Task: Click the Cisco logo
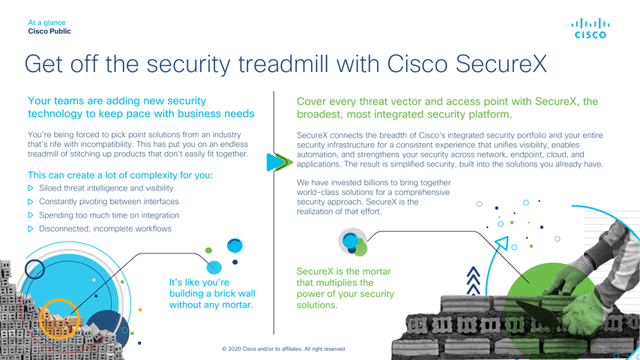coord(591,28)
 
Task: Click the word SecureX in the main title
coord(501,64)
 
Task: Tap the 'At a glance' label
coord(46,22)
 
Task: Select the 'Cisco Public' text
coord(49,31)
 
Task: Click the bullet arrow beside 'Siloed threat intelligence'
coord(30,188)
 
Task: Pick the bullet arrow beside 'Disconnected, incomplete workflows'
coord(30,229)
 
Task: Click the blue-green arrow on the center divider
coord(280,162)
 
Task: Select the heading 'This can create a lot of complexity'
coord(121,175)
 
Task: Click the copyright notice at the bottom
coord(284,349)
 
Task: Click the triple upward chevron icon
coord(473,280)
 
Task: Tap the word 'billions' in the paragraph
coord(375,183)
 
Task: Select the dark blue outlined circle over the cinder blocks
coord(34,269)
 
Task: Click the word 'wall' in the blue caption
coord(246,293)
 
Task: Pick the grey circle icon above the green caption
coord(353,241)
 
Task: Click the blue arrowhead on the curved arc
coord(502,243)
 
